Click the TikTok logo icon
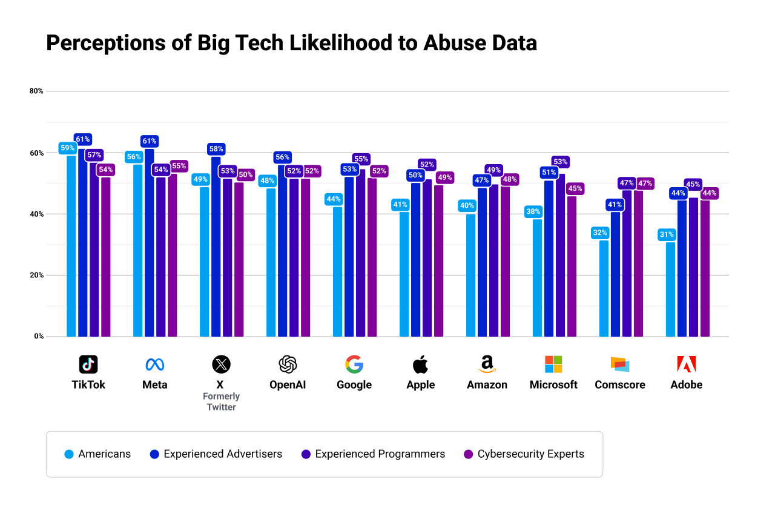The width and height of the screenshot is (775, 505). point(88,364)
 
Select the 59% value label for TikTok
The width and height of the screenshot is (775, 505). point(67,148)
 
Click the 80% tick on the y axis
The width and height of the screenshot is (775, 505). point(36,91)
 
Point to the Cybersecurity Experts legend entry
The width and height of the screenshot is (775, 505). point(524,454)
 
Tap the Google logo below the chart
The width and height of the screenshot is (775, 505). point(354,364)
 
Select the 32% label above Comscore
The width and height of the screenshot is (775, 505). point(600,233)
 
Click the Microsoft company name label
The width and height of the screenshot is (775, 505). point(553,385)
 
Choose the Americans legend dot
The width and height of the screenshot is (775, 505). point(69,454)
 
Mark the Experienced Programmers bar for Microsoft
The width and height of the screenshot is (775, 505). point(560,254)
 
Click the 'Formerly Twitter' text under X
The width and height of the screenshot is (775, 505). point(221,401)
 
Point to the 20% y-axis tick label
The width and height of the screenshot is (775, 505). point(36,275)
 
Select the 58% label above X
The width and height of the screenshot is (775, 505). point(216,149)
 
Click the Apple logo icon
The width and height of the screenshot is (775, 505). point(420,364)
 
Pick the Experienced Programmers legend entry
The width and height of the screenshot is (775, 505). point(373,454)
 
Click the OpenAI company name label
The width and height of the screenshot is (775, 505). point(288,385)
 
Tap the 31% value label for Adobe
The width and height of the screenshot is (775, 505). point(667,235)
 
